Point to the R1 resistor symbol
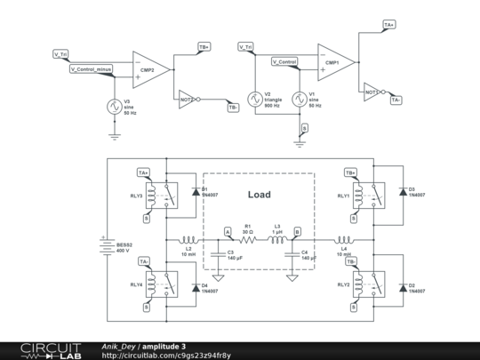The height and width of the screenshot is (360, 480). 249,240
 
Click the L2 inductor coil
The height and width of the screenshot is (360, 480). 188,240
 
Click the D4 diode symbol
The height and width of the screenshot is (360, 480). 195,287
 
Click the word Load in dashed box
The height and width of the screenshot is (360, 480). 259,195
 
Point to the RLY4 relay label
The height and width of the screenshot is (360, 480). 136,284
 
